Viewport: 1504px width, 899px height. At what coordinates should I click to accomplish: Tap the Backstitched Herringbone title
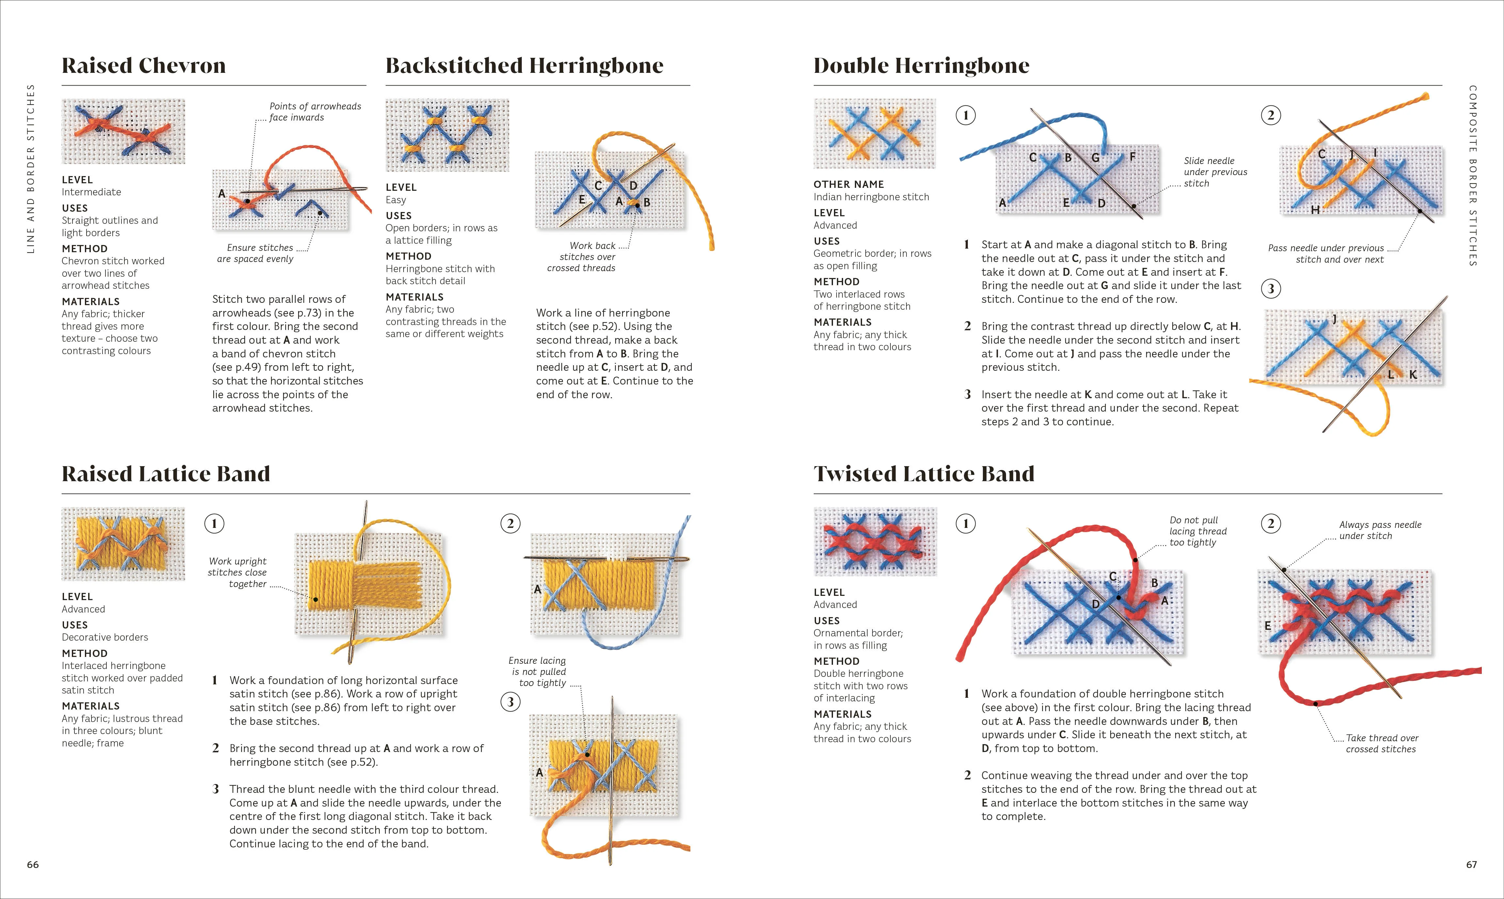point(524,65)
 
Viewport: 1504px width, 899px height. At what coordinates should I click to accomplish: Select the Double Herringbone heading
point(921,65)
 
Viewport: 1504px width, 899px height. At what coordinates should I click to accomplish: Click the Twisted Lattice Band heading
point(924,474)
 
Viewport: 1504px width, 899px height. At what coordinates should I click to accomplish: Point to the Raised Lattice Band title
point(166,474)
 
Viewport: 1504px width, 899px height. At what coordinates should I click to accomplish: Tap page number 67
point(1471,864)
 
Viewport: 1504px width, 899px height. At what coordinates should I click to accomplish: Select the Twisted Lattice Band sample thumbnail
point(875,542)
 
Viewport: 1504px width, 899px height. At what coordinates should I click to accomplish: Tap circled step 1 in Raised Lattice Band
point(214,523)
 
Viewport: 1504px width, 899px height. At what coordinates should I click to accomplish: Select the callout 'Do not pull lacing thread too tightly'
point(1198,531)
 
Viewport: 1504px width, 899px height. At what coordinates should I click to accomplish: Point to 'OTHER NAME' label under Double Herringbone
point(848,184)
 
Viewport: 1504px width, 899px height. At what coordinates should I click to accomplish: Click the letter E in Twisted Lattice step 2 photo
point(1267,626)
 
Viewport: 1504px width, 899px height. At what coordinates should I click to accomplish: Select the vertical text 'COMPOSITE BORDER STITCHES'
point(1473,176)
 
